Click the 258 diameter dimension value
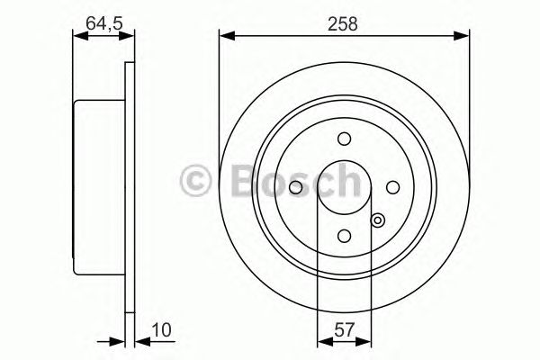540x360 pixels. (343, 24)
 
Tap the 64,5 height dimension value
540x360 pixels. (104, 23)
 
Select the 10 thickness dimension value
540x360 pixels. (161, 329)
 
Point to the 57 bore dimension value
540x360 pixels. (344, 329)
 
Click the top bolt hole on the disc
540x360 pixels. (344, 139)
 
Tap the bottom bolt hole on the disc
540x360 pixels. (344, 236)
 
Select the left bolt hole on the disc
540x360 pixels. (295, 187)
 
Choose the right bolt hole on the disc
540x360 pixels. (392, 187)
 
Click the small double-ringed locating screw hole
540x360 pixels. (378, 220)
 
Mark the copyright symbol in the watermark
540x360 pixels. (195, 180)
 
